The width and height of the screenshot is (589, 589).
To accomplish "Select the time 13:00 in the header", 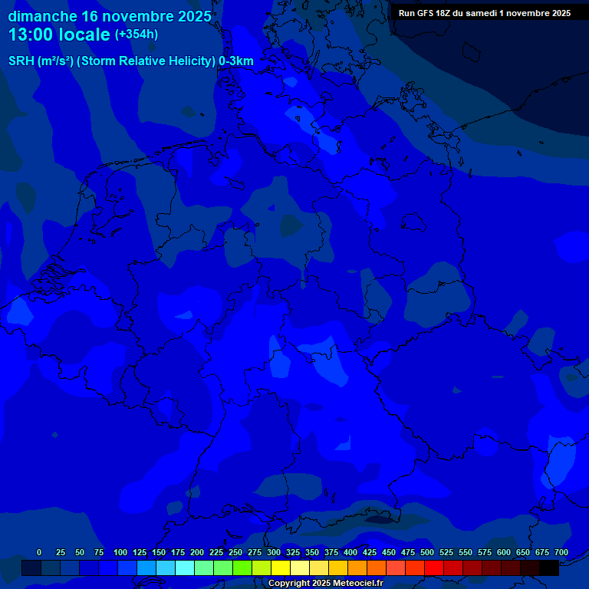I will (x=35, y=35).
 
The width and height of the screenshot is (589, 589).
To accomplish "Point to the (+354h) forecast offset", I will (x=137, y=35).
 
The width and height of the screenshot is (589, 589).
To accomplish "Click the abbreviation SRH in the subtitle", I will (x=21, y=61).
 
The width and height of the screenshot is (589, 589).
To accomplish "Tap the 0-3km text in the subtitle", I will (x=236, y=61).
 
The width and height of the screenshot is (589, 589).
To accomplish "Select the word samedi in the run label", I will (x=495, y=13).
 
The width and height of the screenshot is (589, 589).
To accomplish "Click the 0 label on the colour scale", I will (x=39, y=552).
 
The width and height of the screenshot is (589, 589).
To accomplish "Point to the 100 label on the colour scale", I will (x=120, y=552).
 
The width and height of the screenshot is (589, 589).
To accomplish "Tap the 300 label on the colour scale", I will (x=273, y=552).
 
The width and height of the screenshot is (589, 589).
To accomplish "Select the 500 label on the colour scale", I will (x=426, y=552).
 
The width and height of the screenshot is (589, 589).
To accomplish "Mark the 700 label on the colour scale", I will (x=561, y=552).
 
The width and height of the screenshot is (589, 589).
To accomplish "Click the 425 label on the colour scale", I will (x=369, y=552).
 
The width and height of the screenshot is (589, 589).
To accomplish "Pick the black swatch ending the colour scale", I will (x=549, y=568).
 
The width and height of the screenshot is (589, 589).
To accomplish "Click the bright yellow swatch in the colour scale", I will (x=281, y=568).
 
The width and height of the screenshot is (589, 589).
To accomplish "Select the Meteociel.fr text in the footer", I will (x=359, y=584).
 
